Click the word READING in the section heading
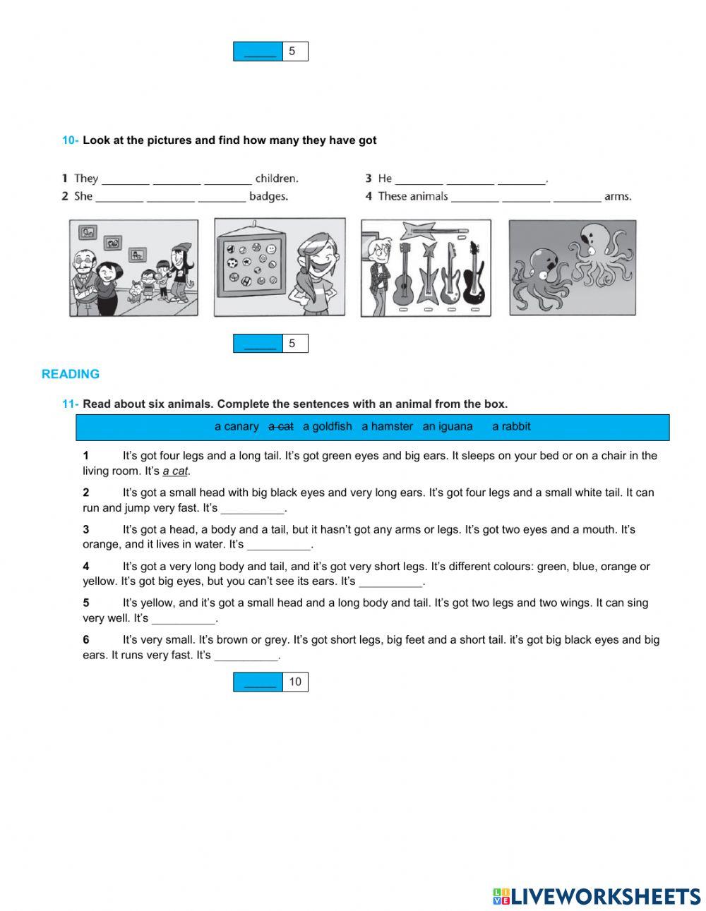click(x=71, y=374)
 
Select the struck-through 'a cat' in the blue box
click(x=281, y=426)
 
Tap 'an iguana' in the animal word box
click(x=448, y=426)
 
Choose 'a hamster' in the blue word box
click(x=387, y=426)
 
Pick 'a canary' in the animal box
click(x=237, y=426)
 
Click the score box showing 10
click(x=295, y=682)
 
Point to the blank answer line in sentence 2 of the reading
click(x=252, y=509)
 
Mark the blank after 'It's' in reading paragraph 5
click(x=183, y=619)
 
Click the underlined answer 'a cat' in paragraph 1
click(x=175, y=471)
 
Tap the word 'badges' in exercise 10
click(x=269, y=197)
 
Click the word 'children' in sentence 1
click(x=276, y=179)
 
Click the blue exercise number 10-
click(x=70, y=140)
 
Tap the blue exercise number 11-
click(x=70, y=404)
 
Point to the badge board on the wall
click(x=251, y=265)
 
